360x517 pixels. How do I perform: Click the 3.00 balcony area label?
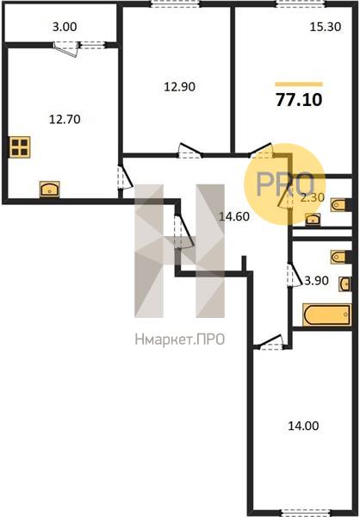click(x=65, y=27)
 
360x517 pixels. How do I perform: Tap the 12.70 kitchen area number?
click(x=65, y=119)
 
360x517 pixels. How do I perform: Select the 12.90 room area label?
click(x=180, y=87)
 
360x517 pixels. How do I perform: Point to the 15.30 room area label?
click(x=326, y=27)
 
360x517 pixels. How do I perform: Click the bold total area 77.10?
click(x=299, y=100)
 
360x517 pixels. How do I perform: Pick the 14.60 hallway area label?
click(x=234, y=216)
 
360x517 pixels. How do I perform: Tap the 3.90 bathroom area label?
click(x=316, y=281)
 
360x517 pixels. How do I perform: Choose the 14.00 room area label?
click(x=304, y=426)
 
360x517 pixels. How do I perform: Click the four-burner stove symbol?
click(x=20, y=147)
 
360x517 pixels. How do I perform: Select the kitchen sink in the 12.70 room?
click(x=50, y=190)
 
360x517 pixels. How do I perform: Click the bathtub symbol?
click(x=327, y=315)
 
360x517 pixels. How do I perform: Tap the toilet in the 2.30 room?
click(x=339, y=205)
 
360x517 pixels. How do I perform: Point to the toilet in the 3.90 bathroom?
click(x=339, y=257)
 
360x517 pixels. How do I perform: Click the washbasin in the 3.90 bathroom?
click(x=344, y=283)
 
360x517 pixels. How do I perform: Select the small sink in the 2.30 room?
click(x=313, y=219)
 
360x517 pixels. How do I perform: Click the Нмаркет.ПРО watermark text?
click(x=180, y=339)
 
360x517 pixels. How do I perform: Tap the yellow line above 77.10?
click(x=299, y=84)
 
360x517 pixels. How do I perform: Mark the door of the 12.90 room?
click(x=189, y=150)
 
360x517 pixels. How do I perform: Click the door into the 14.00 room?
click(x=271, y=342)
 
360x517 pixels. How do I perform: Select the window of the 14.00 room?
click(x=307, y=512)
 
